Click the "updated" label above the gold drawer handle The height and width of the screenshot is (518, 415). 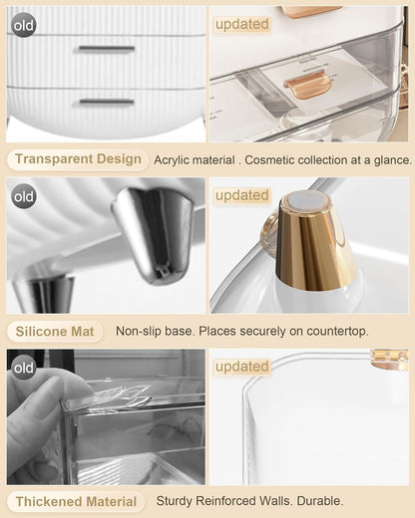241,24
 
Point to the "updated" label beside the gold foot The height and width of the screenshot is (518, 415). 241,195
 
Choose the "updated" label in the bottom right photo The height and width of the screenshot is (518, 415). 241,367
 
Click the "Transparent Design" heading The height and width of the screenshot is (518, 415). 78,159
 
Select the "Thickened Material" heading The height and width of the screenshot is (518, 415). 77,500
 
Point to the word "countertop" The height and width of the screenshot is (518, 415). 333,331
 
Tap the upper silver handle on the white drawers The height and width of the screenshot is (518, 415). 105,48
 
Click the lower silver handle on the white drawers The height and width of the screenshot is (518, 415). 105,101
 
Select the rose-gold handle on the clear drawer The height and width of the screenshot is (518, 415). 307,87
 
